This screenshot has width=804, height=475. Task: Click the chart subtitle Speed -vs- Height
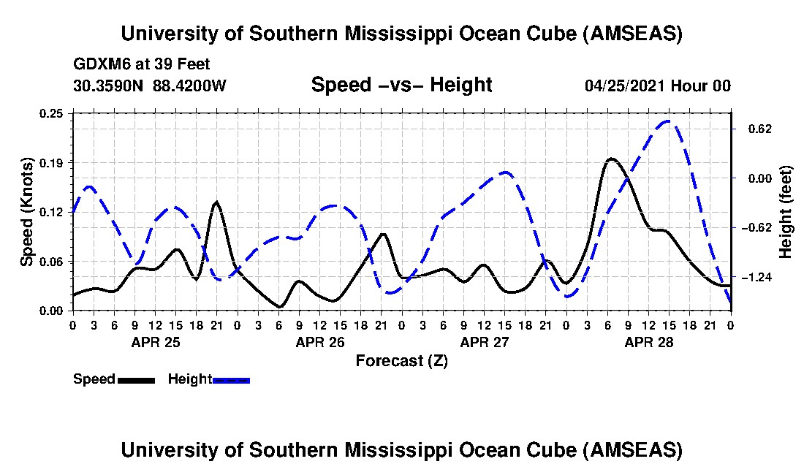point(402,85)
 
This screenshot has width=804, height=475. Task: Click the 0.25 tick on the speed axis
point(53,113)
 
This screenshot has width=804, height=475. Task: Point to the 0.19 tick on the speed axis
point(53,162)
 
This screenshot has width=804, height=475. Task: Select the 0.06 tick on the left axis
point(53,261)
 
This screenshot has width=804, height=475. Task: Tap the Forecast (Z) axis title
point(402,360)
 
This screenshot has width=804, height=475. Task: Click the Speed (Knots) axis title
point(27,212)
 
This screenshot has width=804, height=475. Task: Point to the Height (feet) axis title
point(786,212)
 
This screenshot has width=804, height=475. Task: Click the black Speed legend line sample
point(136,380)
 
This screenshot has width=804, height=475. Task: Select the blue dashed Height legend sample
point(232,380)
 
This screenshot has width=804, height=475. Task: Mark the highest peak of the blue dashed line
point(667,121)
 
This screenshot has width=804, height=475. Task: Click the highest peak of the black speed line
point(611,159)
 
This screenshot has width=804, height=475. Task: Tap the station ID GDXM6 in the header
point(98,64)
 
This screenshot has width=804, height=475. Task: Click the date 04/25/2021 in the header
point(626,85)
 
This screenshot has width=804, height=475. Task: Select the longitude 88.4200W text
point(190,85)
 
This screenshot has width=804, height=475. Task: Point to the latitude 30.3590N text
point(109,85)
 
